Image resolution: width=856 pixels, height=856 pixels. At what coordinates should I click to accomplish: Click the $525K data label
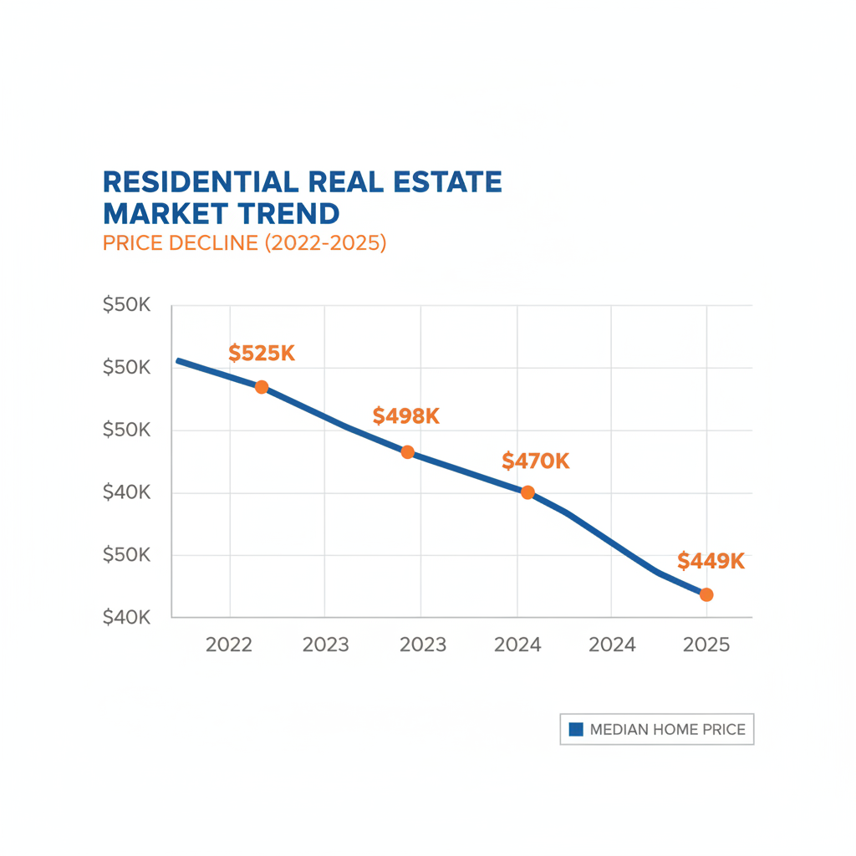262,354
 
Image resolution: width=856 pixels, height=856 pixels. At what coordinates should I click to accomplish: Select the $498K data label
406,415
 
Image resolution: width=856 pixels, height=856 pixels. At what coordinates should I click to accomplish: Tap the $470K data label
535,461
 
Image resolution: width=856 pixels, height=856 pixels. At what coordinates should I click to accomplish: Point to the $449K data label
711,561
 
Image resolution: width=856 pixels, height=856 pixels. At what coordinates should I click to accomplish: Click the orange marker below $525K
262,387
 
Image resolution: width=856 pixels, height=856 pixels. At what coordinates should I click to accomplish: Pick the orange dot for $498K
407,452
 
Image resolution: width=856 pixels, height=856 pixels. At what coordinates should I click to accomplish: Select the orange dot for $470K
527,492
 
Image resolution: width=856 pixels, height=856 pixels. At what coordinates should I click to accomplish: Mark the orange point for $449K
706,594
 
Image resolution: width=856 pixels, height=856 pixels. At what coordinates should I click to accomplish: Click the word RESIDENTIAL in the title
198,181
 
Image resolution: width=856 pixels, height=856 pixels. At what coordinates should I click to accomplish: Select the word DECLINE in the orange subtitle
211,244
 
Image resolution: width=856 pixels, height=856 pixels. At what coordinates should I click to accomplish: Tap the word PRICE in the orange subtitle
132,244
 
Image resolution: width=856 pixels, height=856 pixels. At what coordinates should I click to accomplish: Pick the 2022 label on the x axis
229,645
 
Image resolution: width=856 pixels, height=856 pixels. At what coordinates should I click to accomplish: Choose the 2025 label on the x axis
706,645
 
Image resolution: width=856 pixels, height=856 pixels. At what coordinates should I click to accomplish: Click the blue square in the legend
575,730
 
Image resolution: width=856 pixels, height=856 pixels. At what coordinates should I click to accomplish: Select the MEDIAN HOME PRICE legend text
667,730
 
